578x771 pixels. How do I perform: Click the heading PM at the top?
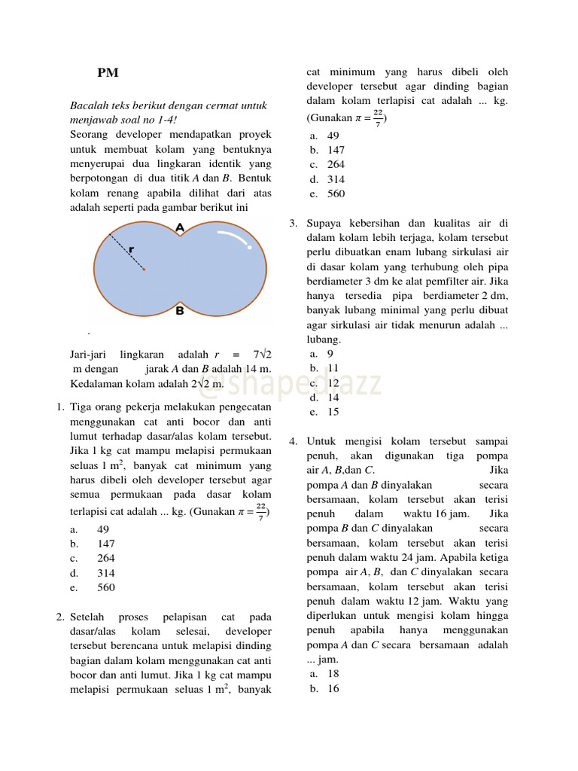[x=108, y=73]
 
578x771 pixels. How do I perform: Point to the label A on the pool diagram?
[x=179, y=227]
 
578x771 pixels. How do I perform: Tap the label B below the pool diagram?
[x=179, y=309]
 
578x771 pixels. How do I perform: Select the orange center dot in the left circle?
[x=144, y=269]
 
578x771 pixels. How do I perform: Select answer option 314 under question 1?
[x=105, y=573]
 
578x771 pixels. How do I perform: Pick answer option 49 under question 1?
[x=103, y=529]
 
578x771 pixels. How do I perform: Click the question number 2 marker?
[x=59, y=617]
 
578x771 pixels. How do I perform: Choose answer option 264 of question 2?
[x=336, y=165]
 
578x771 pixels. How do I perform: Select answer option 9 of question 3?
[x=330, y=354]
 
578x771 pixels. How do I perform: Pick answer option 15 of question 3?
[x=333, y=412]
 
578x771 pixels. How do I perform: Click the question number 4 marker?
[x=292, y=441]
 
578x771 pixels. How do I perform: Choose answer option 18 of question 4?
[x=333, y=674]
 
